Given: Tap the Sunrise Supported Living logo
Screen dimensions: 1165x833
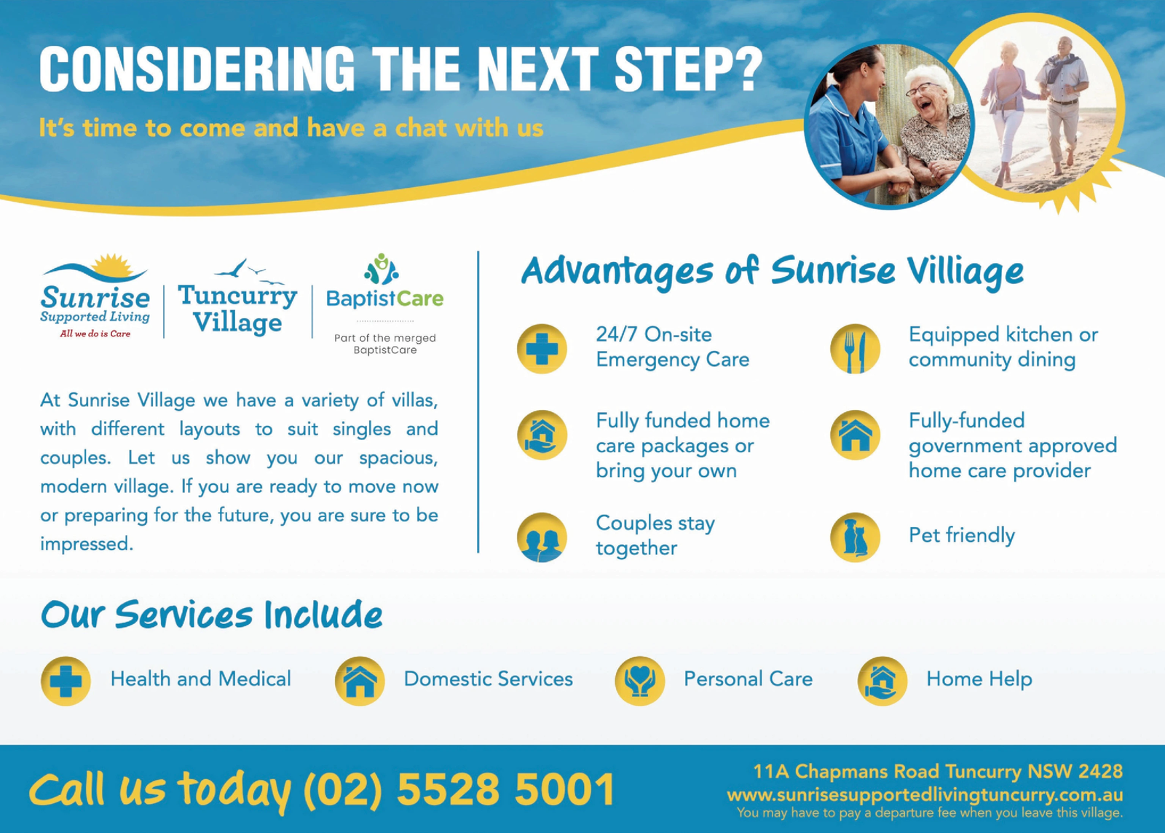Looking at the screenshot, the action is tap(95, 296).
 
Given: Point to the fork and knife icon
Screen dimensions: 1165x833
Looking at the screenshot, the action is tap(855, 349).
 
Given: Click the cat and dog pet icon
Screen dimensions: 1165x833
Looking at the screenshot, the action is tap(855, 537).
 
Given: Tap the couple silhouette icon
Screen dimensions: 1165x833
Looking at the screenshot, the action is tap(542, 537).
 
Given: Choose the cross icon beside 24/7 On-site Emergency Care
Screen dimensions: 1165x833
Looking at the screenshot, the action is tap(542, 349).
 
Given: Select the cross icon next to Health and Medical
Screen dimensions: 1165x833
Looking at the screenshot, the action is tap(66, 681).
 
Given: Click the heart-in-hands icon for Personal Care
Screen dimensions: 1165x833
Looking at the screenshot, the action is tap(640, 681).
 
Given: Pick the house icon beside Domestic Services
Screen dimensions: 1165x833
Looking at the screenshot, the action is tap(360, 681).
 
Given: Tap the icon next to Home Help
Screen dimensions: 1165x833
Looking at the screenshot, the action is tap(882, 681).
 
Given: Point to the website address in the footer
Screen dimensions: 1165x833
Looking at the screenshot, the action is tap(925, 795).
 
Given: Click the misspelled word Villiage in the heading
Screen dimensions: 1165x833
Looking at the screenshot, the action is tap(965, 272).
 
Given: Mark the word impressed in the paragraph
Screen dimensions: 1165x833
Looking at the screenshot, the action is tap(87, 545).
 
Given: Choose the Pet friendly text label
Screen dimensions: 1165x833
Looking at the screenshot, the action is tap(962, 536).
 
